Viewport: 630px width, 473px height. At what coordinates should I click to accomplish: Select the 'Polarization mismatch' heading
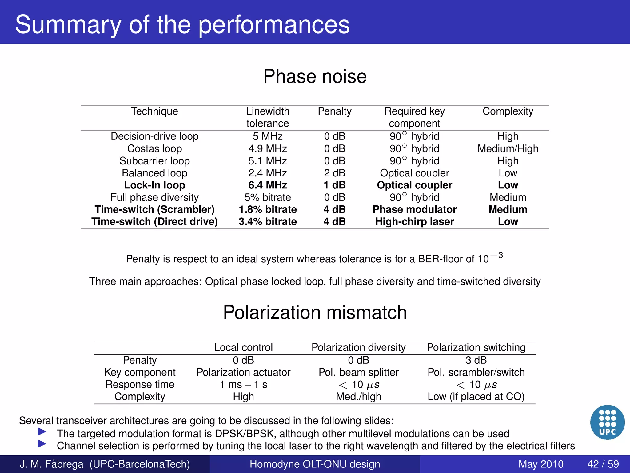[315, 312]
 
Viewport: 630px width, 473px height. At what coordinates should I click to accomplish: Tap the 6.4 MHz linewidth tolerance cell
[268, 185]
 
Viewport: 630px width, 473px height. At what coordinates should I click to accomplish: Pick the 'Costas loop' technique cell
[154, 148]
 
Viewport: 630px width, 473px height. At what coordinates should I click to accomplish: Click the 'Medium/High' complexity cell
[508, 148]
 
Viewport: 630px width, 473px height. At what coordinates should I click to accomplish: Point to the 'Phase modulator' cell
[414, 209]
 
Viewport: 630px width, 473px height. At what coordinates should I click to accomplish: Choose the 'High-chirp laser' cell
[414, 222]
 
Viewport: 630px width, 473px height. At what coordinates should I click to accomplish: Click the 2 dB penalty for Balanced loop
[335, 173]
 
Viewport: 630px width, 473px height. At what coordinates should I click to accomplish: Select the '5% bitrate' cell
[268, 197]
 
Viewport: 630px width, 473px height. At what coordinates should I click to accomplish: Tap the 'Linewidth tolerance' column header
[268, 117]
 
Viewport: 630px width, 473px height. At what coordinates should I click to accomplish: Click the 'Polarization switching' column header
[476, 347]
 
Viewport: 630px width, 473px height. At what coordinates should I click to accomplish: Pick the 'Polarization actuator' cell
[243, 372]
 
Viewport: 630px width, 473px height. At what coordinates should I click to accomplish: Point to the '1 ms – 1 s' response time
[243, 385]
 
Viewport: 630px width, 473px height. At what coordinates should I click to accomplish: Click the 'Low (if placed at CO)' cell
[476, 397]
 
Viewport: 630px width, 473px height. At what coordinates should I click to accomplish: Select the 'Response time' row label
[140, 385]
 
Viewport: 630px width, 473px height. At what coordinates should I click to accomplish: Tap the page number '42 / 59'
[603, 464]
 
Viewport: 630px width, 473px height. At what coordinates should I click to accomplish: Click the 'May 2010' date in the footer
[541, 464]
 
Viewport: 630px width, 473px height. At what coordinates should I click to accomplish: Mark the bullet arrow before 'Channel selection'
[42, 444]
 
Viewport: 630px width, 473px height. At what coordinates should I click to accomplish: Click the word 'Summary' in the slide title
[68, 25]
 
